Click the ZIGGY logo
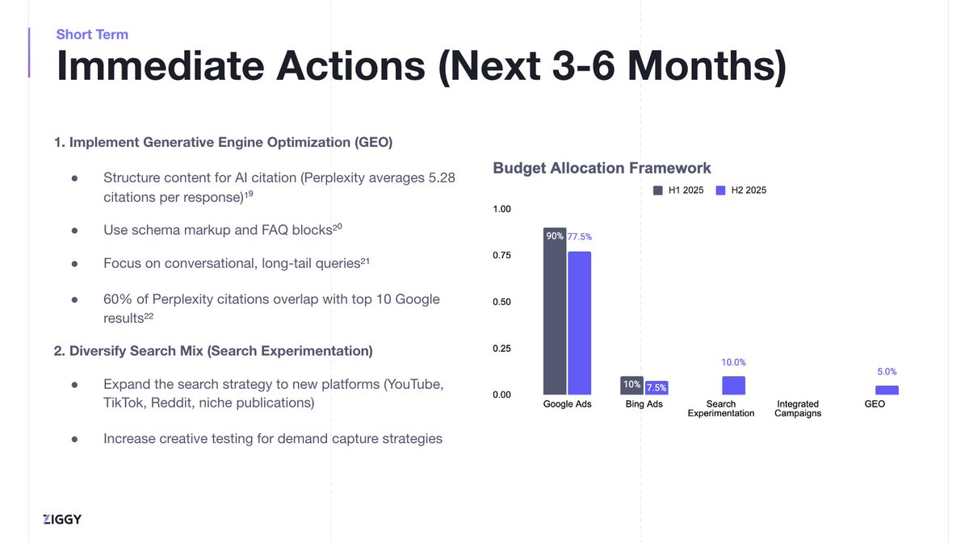[62, 519]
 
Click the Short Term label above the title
[92, 34]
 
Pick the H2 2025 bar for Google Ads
[579, 323]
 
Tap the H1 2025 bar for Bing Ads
[631, 386]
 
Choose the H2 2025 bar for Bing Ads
[656, 388]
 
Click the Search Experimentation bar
[733, 386]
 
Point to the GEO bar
[887, 391]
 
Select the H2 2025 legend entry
[740, 190]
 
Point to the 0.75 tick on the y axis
[502, 256]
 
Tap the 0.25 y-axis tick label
[502, 349]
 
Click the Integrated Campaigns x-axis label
[797, 408]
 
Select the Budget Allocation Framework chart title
[602, 168]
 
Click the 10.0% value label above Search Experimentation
[733, 363]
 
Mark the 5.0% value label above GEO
[886, 372]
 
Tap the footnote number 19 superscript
[250, 194]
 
